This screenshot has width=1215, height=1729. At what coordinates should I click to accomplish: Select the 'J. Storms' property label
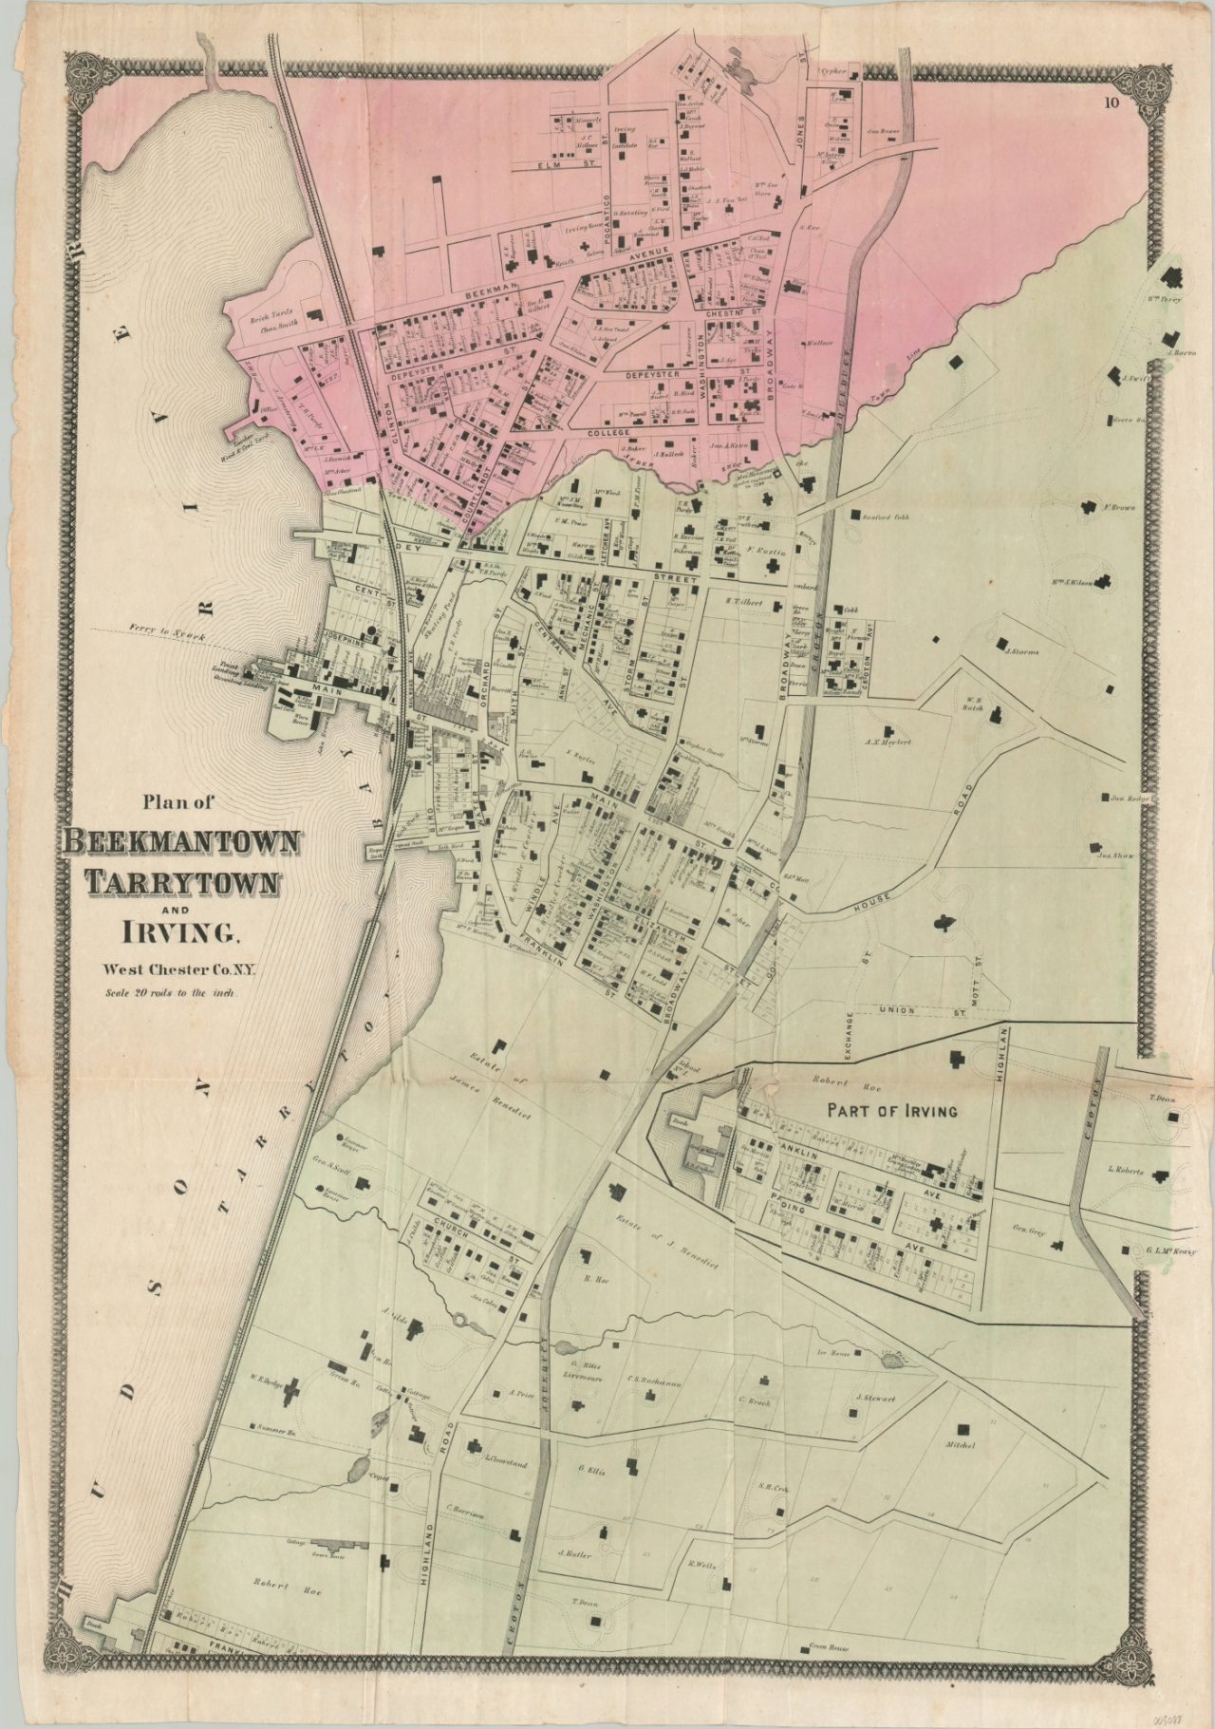click(1021, 651)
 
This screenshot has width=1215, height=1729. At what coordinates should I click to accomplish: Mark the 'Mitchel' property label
click(961, 1446)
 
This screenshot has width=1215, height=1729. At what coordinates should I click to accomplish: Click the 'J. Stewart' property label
click(875, 1399)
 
